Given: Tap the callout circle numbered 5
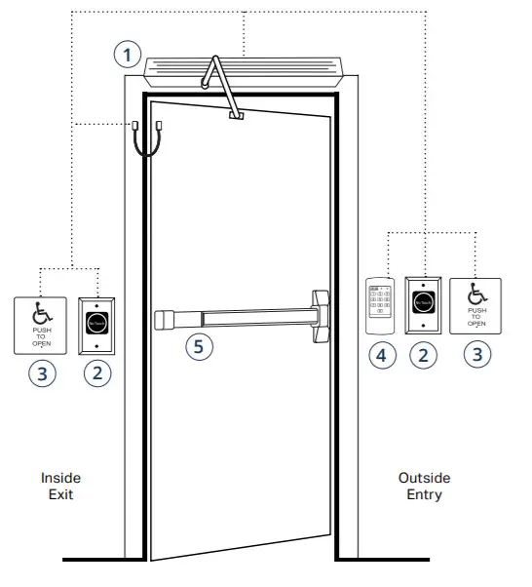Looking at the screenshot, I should click(199, 345).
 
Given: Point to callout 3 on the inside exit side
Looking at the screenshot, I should click(40, 372).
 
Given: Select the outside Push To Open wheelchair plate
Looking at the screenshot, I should click(475, 306).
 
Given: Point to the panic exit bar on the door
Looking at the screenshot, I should click(244, 317).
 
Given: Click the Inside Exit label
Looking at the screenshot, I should click(60, 487).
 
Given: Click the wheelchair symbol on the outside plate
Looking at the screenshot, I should click(476, 293).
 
